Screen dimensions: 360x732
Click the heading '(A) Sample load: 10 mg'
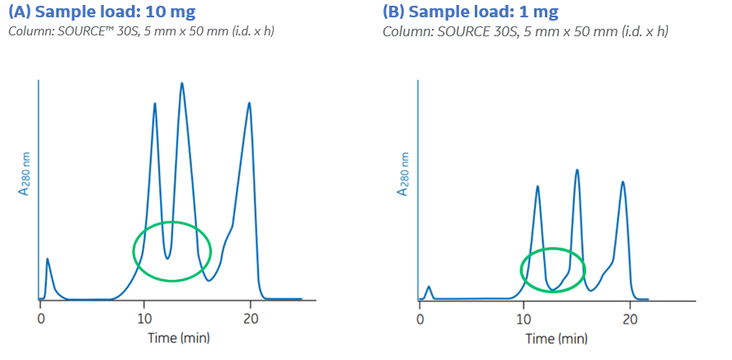(x=102, y=12)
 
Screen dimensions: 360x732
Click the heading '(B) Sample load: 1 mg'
(x=470, y=12)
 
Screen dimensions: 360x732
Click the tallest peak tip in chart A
(x=181, y=83)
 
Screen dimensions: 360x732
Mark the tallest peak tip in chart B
(x=577, y=170)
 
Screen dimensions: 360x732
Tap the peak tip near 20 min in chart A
(x=250, y=103)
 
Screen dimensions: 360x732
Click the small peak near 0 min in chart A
(x=47, y=259)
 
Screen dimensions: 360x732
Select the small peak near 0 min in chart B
(x=429, y=287)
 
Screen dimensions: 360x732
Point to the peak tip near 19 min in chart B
(x=622, y=181)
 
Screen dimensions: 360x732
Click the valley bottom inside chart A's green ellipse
(x=167, y=258)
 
